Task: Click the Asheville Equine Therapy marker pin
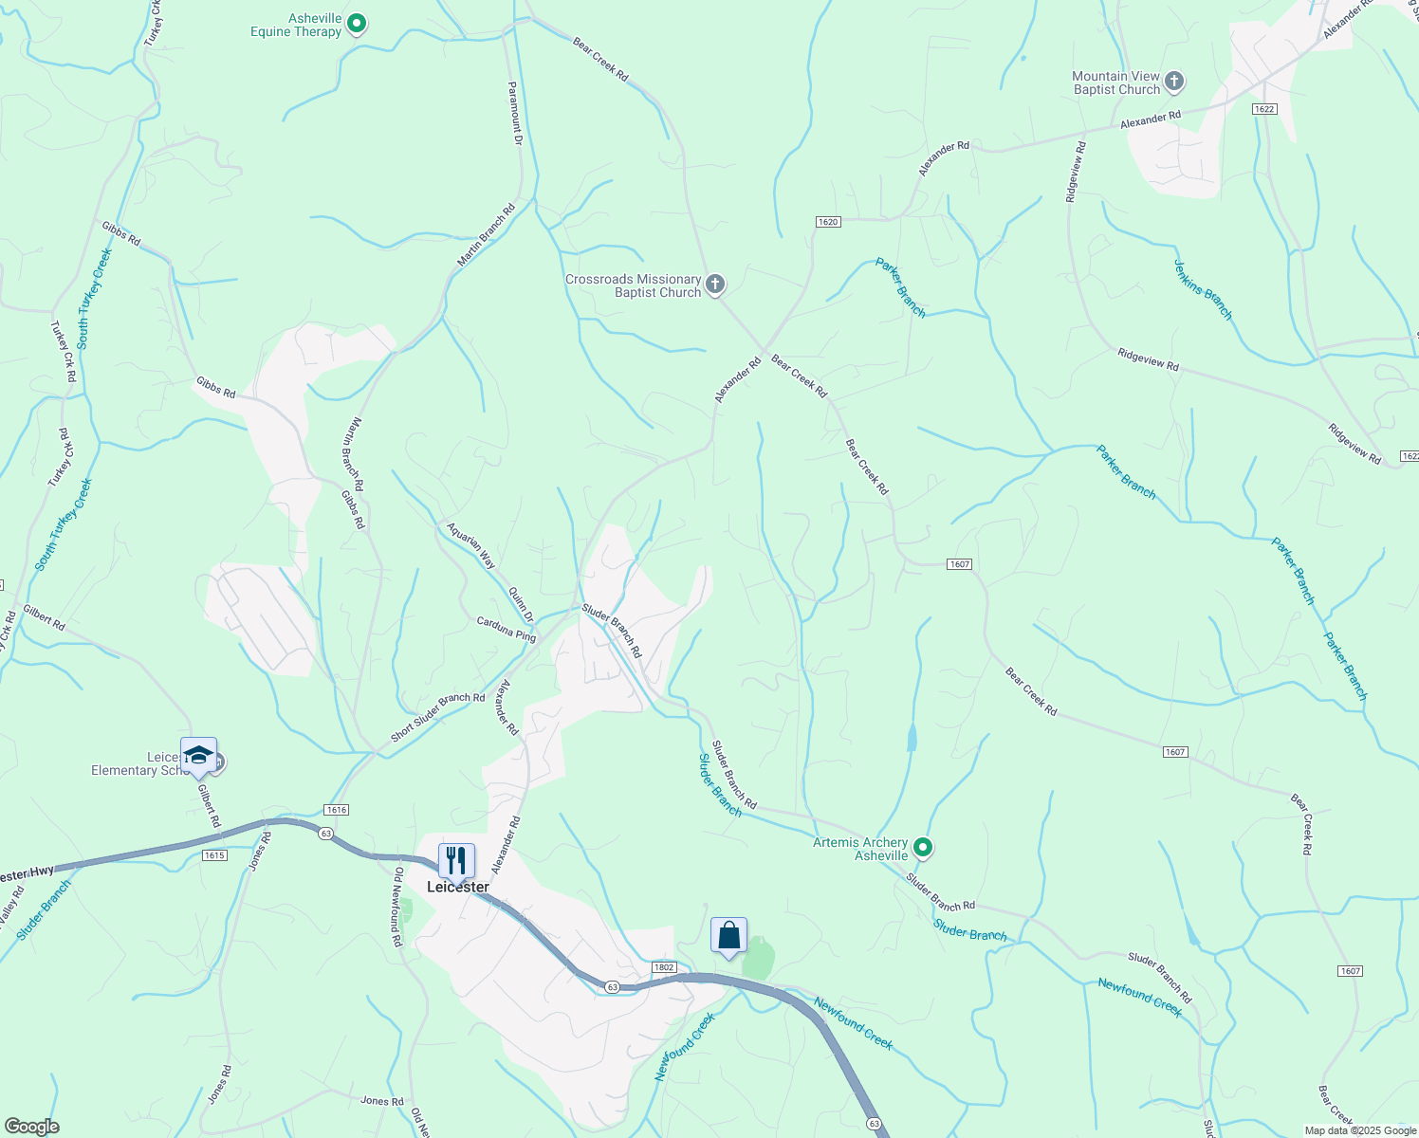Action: [x=357, y=23]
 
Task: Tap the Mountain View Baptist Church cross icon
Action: [x=1174, y=82]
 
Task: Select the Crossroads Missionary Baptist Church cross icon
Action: [x=715, y=284]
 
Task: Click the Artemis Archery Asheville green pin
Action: [x=922, y=848]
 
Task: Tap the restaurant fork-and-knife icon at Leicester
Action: [x=456, y=860]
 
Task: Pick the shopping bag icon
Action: [x=728, y=935]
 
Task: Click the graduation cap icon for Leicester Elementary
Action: [x=198, y=755]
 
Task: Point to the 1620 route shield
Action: [x=827, y=222]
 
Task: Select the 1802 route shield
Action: [x=663, y=967]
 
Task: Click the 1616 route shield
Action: [x=336, y=810]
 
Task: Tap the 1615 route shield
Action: [x=214, y=855]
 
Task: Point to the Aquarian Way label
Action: [x=471, y=545]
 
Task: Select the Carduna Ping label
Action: [x=507, y=629]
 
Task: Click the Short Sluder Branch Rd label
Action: [x=437, y=718]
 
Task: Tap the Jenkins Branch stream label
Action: [x=1203, y=289]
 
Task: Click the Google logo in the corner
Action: [x=31, y=1127]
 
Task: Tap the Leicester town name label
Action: [x=458, y=888]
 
